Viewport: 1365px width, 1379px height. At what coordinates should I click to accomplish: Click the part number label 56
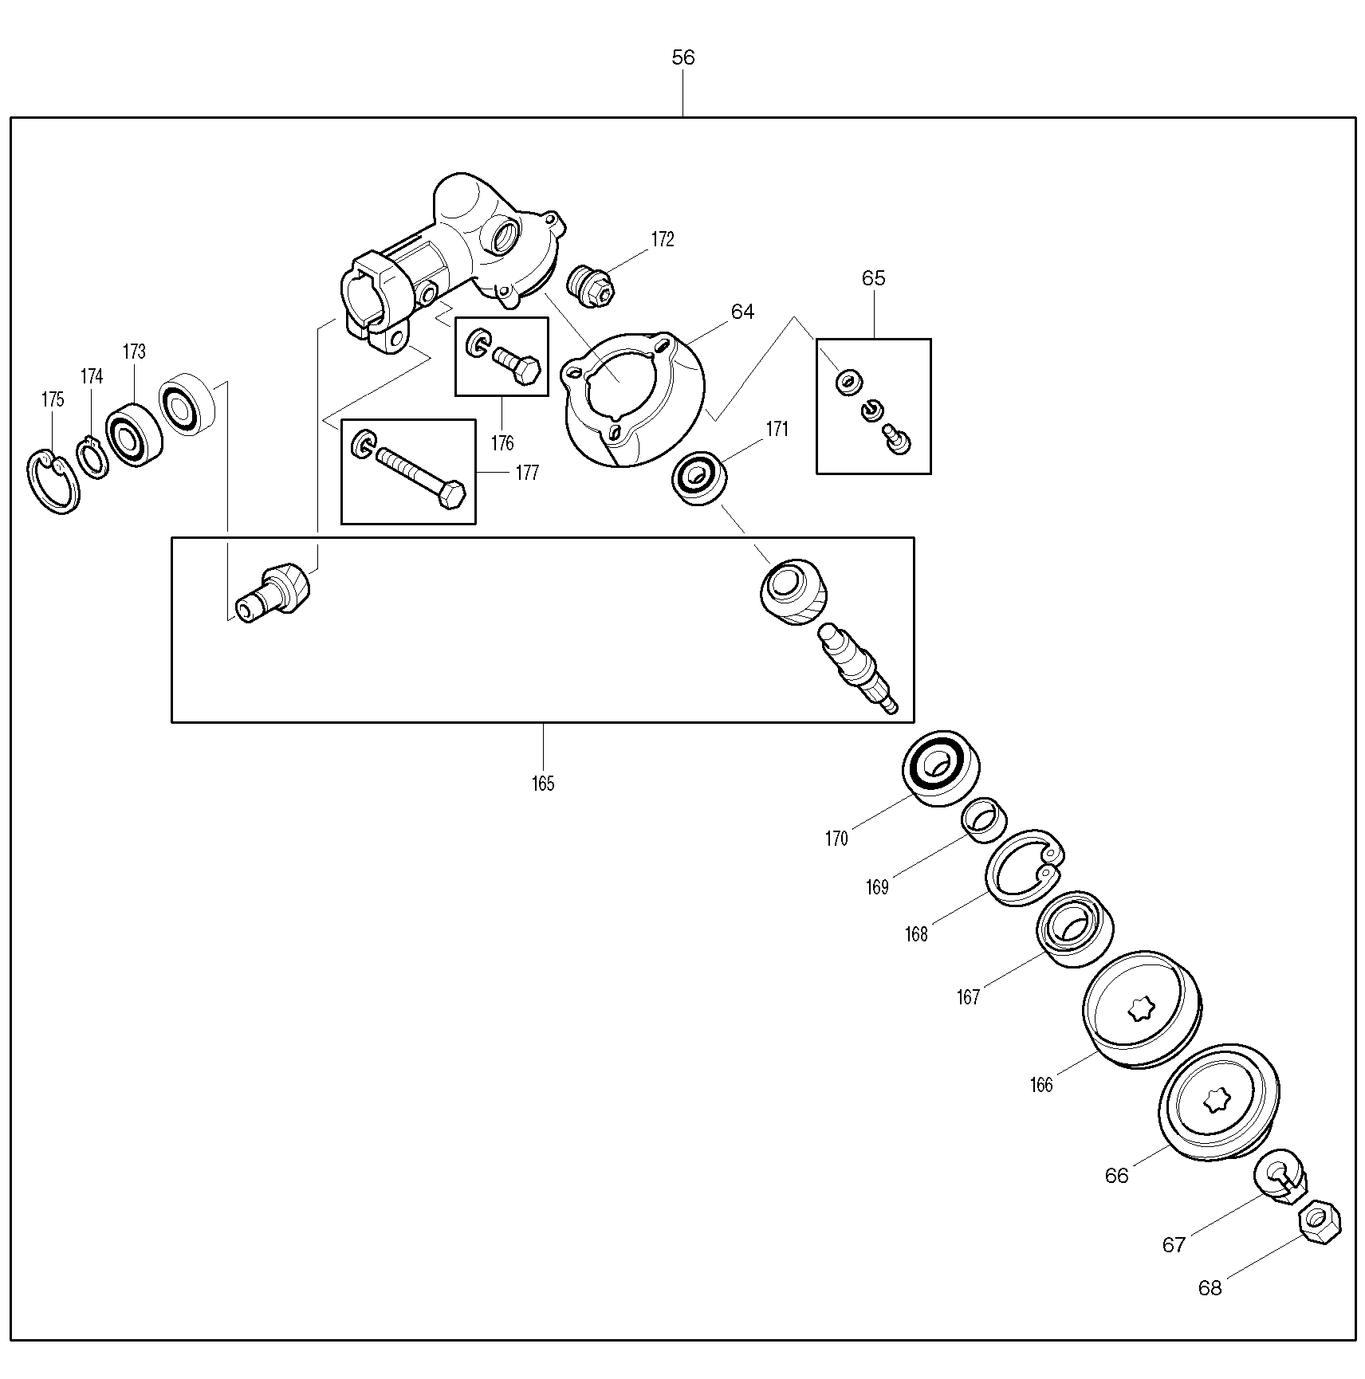pyautogui.click(x=683, y=57)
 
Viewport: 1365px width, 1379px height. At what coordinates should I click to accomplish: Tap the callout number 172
pyautogui.click(x=663, y=239)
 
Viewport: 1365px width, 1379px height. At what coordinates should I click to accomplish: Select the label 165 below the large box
pyautogui.click(x=543, y=784)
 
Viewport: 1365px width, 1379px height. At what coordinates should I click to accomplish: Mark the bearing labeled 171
pyautogui.click(x=699, y=477)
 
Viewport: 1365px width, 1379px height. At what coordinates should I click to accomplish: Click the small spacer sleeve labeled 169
pyautogui.click(x=984, y=819)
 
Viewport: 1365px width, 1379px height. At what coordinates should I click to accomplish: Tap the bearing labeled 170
pyautogui.click(x=941, y=768)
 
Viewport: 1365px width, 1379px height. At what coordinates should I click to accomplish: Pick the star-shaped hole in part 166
pyautogui.click(x=1141, y=1010)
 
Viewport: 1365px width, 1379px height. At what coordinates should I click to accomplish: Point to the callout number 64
pyautogui.click(x=742, y=312)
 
